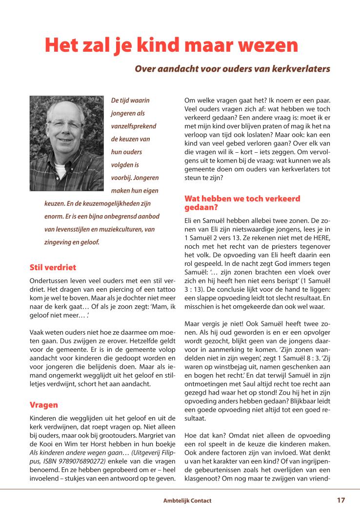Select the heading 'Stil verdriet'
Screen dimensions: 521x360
53,267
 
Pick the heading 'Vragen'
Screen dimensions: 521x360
43,405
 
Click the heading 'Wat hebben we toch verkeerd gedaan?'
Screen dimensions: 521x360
242,202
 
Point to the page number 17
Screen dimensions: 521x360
340,500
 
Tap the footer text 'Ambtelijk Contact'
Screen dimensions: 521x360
187,501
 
